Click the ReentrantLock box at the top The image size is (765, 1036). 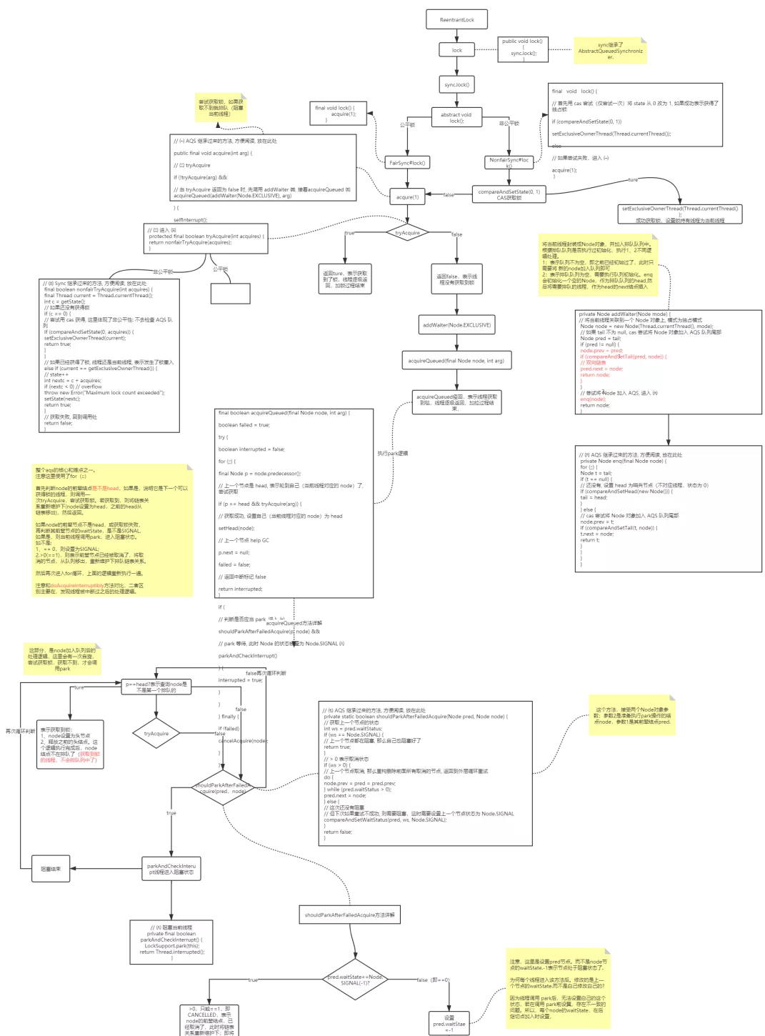click(x=457, y=20)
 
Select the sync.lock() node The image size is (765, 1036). click(x=456, y=85)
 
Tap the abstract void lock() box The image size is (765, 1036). click(x=456, y=117)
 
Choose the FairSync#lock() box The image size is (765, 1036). click(x=407, y=163)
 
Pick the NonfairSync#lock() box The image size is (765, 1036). click(x=509, y=162)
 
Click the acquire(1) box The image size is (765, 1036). click(x=407, y=196)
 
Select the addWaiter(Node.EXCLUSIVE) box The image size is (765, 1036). click(x=456, y=325)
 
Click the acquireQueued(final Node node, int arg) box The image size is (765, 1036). click(x=456, y=360)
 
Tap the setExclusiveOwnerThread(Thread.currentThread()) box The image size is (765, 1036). click(x=680, y=214)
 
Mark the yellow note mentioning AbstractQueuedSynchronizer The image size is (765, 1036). click(x=611, y=50)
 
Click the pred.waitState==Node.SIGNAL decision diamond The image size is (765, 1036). click(x=355, y=980)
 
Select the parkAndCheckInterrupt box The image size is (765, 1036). click(x=171, y=869)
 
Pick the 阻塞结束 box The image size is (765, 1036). click(x=51, y=869)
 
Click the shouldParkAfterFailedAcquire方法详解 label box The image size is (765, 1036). click(x=349, y=915)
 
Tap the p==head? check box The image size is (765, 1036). click(x=156, y=687)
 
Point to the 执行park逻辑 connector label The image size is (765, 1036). click(x=393, y=453)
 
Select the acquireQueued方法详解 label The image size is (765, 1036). click(x=294, y=623)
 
